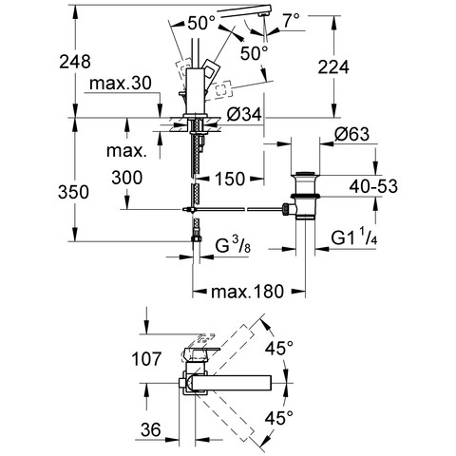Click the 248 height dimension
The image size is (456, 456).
(x=75, y=62)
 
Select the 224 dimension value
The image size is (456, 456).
(x=333, y=67)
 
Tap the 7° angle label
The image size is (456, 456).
(x=291, y=21)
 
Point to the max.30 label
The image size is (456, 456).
(x=121, y=84)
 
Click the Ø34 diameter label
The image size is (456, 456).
(x=244, y=114)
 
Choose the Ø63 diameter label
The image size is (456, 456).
(x=351, y=134)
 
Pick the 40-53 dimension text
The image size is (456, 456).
(x=373, y=186)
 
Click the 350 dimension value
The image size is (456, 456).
(x=73, y=192)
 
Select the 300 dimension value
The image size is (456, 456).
(x=127, y=178)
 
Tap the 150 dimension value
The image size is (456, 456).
(x=230, y=179)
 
